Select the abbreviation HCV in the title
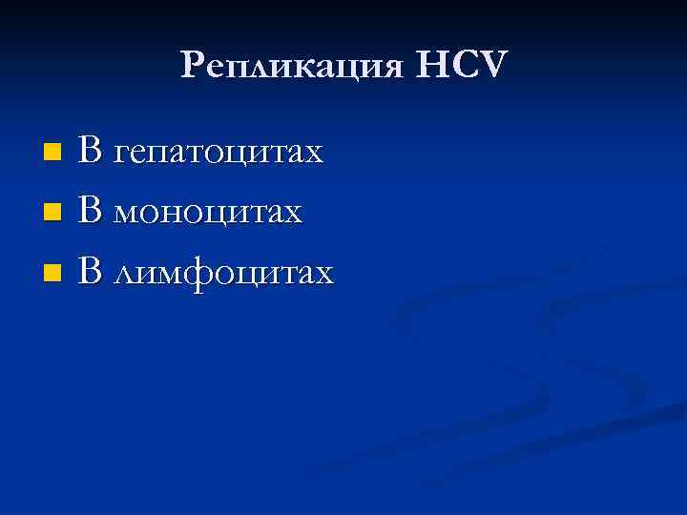click(462, 66)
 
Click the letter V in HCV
click(496, 66)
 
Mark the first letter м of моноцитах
click(128, 214)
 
